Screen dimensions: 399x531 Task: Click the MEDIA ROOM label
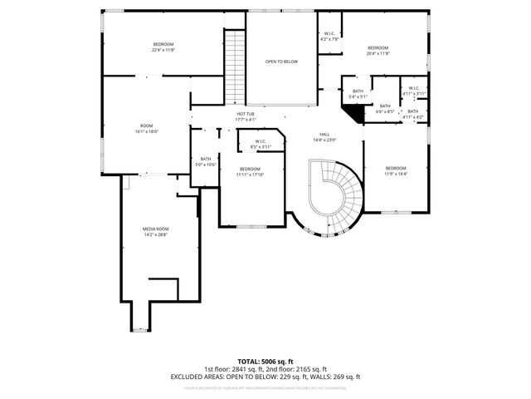(x=155, y=232)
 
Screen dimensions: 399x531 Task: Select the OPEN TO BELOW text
(x=281, y=62)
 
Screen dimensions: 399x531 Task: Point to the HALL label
(x=326, y=137)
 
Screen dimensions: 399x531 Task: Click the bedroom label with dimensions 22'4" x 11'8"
(x=163, y=47)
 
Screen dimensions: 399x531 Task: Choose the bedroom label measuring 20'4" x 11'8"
(x=378, y=51)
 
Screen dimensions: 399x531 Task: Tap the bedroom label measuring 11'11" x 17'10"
(x=250, y=172)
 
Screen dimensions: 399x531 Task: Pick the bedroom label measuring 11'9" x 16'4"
(x=396, y=171)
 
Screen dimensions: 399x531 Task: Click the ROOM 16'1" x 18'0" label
(x=146, y=129)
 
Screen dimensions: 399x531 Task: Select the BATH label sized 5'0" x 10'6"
(x=206, y=161)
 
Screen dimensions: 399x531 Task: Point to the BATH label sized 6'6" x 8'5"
(x=385, y=108)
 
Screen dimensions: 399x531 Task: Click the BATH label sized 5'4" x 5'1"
(x=358, y=94)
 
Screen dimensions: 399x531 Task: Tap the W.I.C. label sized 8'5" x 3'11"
(x=261, y=144)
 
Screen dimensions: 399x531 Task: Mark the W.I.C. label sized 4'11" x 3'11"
(x=413, y=91)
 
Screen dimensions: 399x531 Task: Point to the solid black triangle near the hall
(x=357, y=116)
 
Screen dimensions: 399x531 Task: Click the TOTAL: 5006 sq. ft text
(x=265, y=362)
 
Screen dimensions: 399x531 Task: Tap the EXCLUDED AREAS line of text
(x=265, y=377)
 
